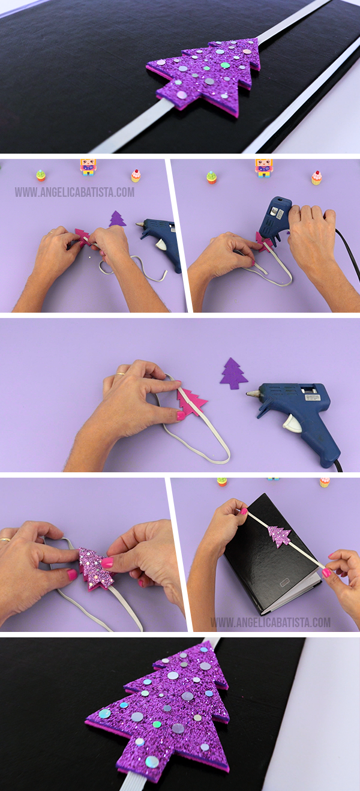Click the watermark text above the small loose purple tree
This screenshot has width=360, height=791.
[74, 192]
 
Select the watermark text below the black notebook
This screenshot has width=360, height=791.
[271, 622]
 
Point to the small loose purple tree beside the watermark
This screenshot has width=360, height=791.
[117, 219]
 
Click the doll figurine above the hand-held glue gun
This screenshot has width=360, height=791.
[264, 168]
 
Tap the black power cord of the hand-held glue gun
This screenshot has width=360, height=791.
[349, 251]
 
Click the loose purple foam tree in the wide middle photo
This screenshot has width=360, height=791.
[234, 374]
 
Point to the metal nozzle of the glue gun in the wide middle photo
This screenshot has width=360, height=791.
[253, 392]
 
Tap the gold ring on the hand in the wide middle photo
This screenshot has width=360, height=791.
[121, 373]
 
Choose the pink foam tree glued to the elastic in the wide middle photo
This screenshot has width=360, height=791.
[191, 403]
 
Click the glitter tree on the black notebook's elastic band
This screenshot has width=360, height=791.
[280, 537]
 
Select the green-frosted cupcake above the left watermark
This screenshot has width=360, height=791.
[41, 175]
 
